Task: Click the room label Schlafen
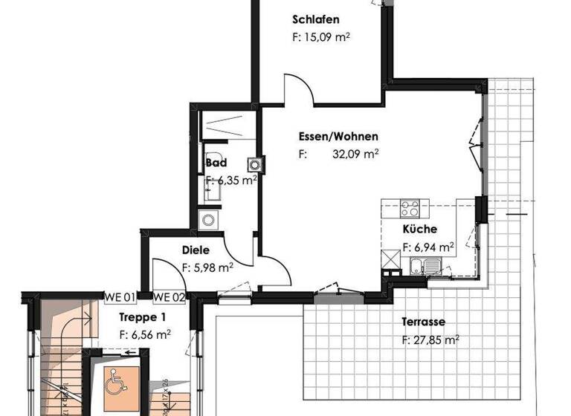(317, 19)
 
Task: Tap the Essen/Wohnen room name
(338, 137)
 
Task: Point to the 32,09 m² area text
(355, 155)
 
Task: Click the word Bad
(216, 163)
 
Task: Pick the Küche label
(420, 230)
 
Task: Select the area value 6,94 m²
(428, 247)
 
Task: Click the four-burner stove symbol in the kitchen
(410, 207)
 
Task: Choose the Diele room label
(196, 251)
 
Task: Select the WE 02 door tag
(168, 298)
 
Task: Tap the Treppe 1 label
(142, 316)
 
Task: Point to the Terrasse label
(423, 322)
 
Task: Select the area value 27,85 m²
(430, 339)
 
